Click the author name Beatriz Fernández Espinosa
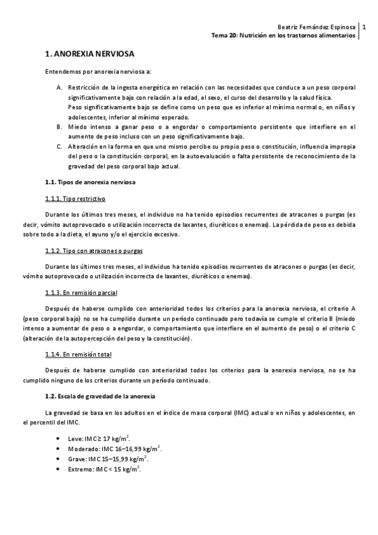(316, 28)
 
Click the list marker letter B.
(59, 127)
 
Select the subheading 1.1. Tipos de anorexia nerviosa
(91, 182)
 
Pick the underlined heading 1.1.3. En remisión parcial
(81, 293)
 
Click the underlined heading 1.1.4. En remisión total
(78, 355)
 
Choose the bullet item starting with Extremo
(104, 470)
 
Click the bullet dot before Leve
(59, 438)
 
